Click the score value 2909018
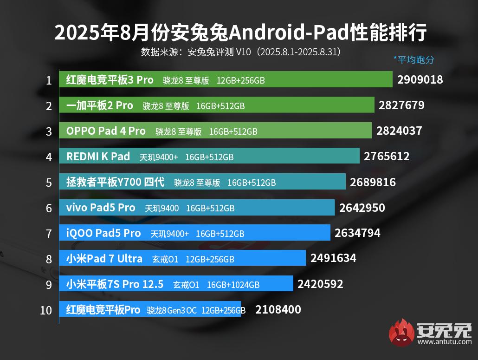(x=420, y=79)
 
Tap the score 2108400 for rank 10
(x=278, y=309)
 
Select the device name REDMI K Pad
(x=98, y=157)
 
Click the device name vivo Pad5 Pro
(x=101, y=208)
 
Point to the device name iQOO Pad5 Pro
(x=103, y=233)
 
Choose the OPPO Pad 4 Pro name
(x=106, y=131)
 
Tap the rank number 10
(x=46, y=310)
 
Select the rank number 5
(x=49, y=183)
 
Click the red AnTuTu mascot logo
(x=401, y=333)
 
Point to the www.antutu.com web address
(x=444, y=342)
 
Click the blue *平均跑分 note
(x=413, y=59)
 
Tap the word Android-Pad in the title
(x=269, y=33)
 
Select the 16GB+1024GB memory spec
(x=233, y=285)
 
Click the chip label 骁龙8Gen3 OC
(x=172, y=310)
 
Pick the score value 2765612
(x=387, y=156)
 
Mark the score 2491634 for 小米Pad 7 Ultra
(x=333, y=258)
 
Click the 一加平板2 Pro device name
(x=100, y=105)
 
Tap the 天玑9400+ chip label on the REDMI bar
(x=158, y=157)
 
